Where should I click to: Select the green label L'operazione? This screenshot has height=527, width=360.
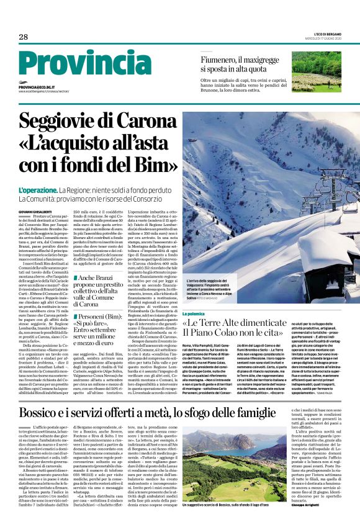coord(38,191)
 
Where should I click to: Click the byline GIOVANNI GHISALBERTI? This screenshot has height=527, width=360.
coord(36,213)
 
